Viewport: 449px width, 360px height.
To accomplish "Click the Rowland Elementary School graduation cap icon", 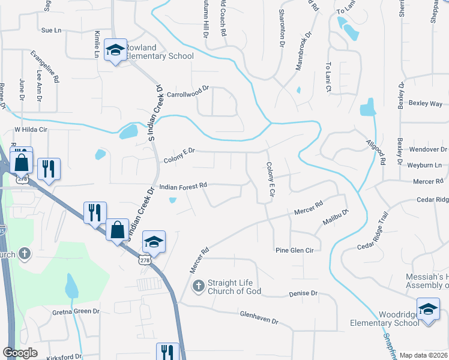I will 115,49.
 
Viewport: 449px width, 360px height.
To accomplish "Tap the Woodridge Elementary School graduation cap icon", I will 427,309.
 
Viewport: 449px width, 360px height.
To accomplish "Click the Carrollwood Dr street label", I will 187,91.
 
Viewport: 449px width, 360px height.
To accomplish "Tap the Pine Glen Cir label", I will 294,250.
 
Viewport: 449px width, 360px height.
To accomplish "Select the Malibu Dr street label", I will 337,216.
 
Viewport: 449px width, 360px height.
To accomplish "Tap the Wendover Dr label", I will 427,149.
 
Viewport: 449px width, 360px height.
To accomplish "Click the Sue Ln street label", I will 52,30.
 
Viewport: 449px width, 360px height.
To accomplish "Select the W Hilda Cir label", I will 31,129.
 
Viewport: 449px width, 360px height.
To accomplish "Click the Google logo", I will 20,352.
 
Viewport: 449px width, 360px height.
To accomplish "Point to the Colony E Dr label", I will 179,155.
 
